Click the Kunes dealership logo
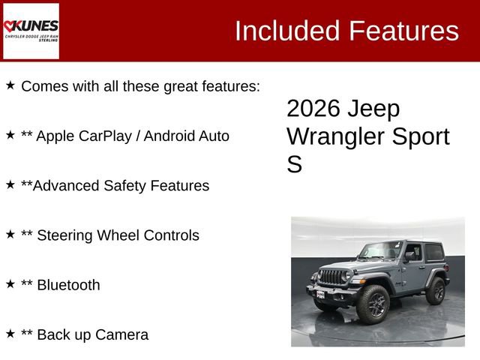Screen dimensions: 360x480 click(x=31, y=31)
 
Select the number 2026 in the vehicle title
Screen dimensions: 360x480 click(x=313, y=109)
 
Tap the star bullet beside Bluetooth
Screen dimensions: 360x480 click(x=10, y=283)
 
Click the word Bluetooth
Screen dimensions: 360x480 click(x=67, y=285)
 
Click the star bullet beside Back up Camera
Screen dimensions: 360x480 click(x=10, y=333)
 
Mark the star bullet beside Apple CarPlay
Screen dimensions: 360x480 click(x=10, y=135)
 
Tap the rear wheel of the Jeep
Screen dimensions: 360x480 click(x=435, y=290)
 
